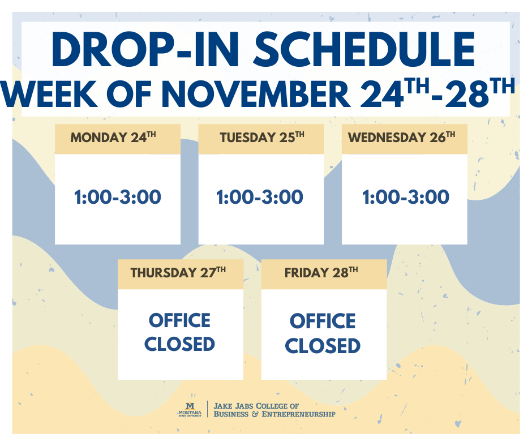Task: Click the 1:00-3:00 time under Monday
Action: [118, 198]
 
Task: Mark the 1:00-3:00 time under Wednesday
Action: [406, 198]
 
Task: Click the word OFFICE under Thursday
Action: [179, 320]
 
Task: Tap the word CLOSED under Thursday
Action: [179, 344]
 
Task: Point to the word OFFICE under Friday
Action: [323, 321]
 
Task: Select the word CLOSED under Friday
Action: [323, 345]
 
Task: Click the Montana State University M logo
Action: [191, 405]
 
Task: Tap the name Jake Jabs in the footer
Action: [233, 406]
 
